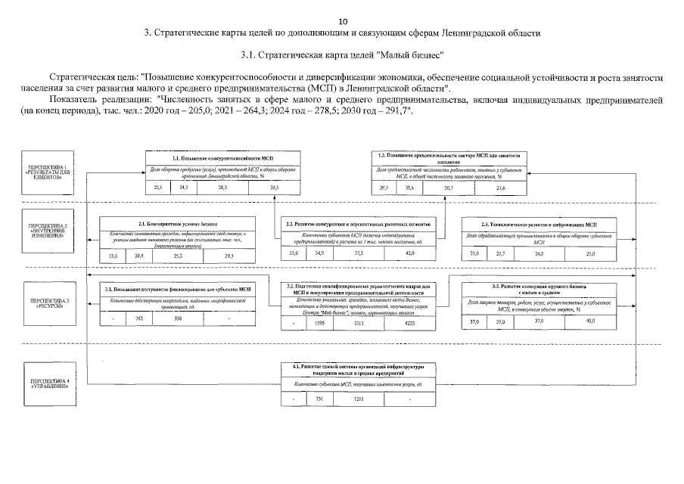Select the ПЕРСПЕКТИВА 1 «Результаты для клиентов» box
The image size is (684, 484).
48,172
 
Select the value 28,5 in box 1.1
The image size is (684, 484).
222,187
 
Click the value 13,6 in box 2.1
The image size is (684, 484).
114,257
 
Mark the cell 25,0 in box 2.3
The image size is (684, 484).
590,253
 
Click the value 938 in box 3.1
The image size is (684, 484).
178,318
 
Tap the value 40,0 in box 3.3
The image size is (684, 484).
590,321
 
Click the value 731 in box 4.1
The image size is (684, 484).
319,399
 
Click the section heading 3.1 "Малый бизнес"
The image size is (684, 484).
341,55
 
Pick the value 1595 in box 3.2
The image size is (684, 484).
319,324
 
